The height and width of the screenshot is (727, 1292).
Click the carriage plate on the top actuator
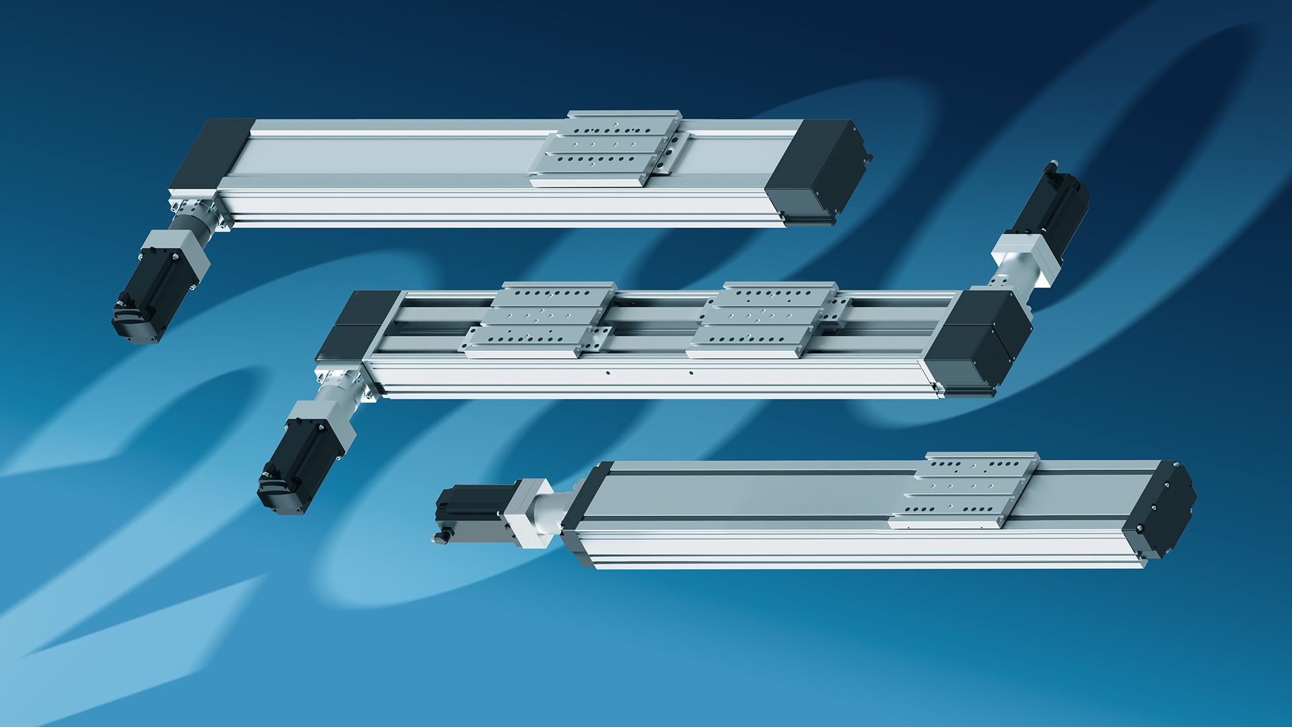click(609, 148)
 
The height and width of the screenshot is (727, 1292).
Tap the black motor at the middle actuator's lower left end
click(296, 464)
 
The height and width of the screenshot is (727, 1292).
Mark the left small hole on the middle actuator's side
click(608, 372)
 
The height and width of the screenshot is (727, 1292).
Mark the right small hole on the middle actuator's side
click(691, 372)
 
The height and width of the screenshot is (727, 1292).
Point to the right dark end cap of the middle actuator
click(979, 340)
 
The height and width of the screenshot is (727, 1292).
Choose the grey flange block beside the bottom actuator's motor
click(529, 512)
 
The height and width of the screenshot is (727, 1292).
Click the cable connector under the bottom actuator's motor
click(441, 537)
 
